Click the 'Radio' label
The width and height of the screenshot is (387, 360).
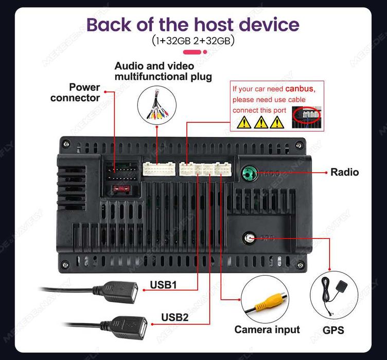[x=344, y=172]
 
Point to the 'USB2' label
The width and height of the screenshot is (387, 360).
[x=175, y=317]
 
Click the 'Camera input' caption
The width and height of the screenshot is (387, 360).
[x=267, y=329]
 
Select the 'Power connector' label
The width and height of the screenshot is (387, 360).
[x=75, y=92]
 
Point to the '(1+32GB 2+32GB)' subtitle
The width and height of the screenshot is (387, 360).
[x=193, y=41]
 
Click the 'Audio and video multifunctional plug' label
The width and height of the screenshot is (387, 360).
[x=163, y=72]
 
